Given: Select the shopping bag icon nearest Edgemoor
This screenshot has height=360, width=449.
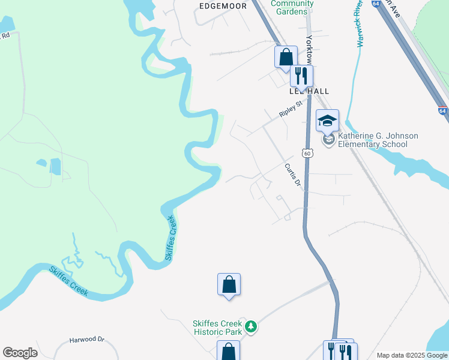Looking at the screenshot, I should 286,57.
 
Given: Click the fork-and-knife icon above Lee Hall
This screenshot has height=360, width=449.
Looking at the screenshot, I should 301,76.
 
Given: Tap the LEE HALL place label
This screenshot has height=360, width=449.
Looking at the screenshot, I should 309,91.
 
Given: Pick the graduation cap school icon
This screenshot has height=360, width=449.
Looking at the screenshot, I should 328,121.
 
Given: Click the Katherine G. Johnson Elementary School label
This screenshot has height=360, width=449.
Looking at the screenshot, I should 378,140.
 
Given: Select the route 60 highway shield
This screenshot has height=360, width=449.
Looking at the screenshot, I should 307,154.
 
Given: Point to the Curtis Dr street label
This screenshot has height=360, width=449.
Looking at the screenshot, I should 292,174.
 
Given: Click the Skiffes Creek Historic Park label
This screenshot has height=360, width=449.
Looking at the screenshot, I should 217,328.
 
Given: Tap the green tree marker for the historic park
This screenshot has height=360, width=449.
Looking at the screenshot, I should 252,327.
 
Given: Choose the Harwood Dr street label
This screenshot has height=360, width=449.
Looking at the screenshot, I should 86,340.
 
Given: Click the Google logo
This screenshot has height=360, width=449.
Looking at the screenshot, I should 20,353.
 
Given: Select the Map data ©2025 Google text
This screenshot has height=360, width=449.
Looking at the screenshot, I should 411,355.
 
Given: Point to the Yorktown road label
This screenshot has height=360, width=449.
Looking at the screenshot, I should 309,48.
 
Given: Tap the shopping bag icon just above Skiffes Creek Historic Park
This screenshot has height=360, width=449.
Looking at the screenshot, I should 229,284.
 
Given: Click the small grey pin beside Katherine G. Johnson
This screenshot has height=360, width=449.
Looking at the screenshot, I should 328,140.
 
